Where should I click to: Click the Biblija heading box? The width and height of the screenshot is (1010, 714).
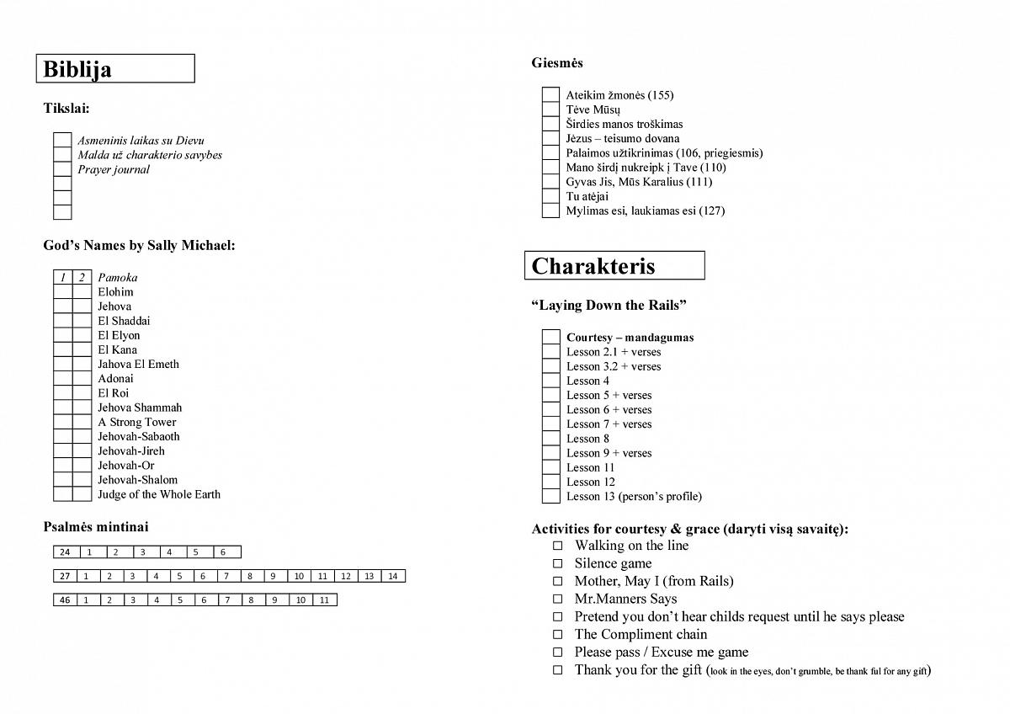(x=115, y=69)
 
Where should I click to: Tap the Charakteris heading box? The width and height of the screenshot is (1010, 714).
(x=614, y=266)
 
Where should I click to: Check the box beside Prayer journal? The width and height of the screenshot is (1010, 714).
(x=62, y=169)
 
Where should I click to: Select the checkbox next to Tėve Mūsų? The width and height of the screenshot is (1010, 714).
(x=550, y=109)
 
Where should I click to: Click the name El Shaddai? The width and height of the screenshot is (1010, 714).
(x=124, y=321)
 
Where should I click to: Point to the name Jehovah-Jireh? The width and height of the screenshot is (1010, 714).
(x=131, y=450)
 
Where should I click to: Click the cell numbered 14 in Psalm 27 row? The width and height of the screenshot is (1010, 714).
(x=393, y=576)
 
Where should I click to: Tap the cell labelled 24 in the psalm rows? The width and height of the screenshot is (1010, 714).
(x=66, y=552)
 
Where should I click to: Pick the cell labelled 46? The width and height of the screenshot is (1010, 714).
(x=65, y=600)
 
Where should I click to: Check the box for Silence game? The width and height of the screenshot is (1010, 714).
(x=557, y=563)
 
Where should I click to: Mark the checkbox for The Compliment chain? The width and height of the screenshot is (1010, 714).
(x=557, y=634)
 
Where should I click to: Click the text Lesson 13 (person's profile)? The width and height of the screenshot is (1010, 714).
(x=634, y=496)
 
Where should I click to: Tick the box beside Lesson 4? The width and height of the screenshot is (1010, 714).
(x=550, y=381)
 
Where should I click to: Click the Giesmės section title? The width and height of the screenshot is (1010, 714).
(x=557, y=63)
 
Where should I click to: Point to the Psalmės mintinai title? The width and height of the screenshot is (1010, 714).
(x=96, y=527)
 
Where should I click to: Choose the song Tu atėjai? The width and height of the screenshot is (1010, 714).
(x=587, y=196)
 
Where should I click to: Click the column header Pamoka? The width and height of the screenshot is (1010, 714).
(x=118, y=277)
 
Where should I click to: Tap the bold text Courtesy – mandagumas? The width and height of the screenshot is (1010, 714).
(x=630, y=338)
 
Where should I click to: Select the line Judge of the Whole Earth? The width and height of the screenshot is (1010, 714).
(x=159, y=494)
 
